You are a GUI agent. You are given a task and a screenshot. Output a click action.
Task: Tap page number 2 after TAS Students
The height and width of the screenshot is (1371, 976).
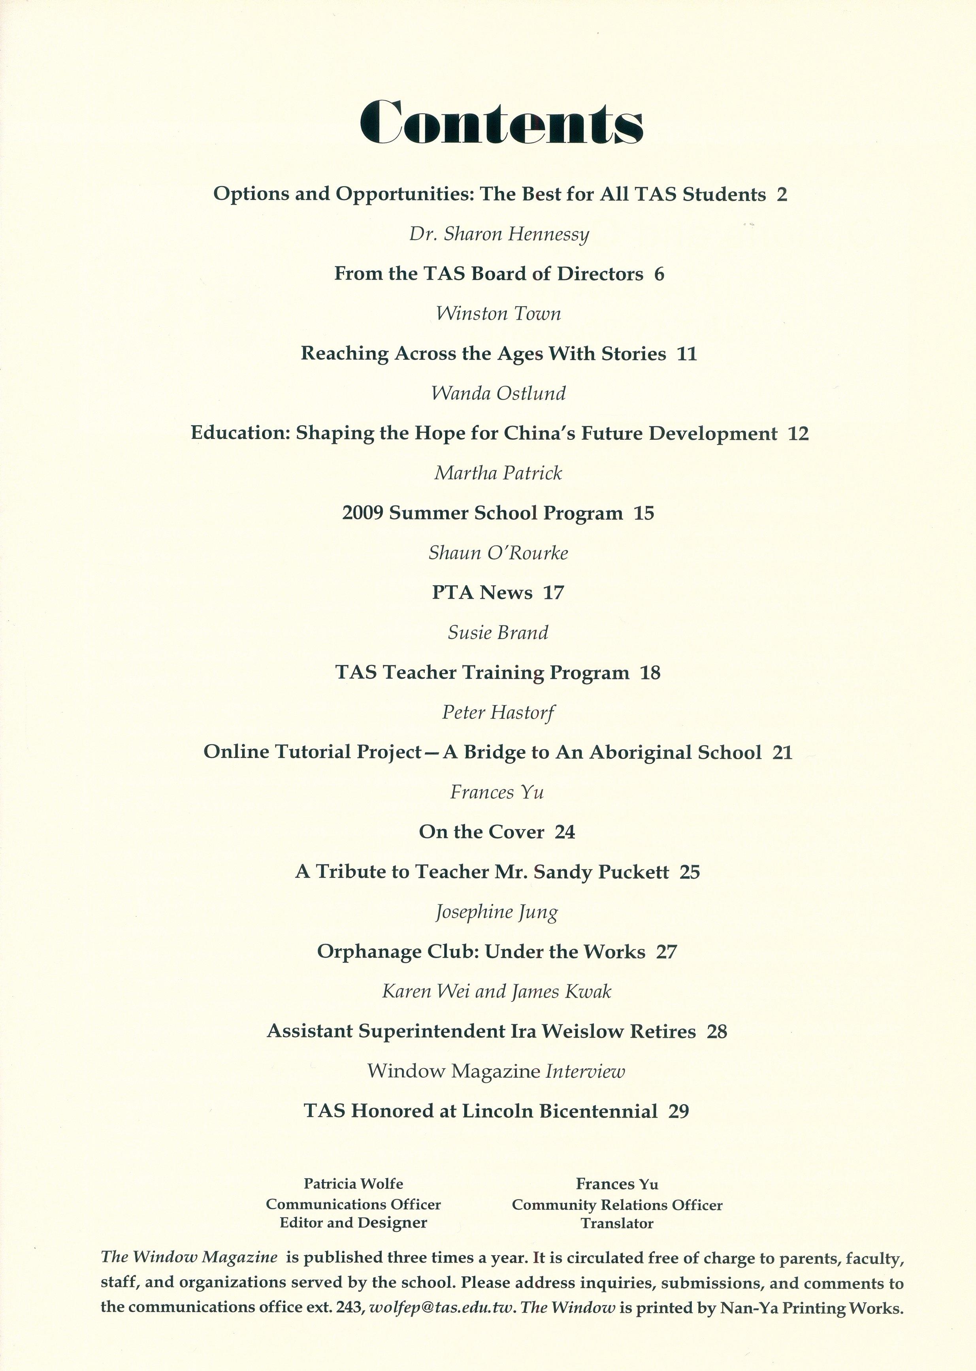pyautogui.click(x=781, y=195)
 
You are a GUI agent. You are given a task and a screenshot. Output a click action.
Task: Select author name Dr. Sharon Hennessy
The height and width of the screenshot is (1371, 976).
pyautogui.click(x=499, y=234)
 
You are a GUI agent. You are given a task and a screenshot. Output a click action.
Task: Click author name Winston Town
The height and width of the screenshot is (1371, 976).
pyautogui.click(x=498, y=314)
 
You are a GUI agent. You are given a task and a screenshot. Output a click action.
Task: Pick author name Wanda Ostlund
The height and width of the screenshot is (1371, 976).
pyautogui.click(x=498, y=394)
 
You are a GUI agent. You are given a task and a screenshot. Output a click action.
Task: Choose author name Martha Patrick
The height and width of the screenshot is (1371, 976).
pyautogui.click(x=498, y=473)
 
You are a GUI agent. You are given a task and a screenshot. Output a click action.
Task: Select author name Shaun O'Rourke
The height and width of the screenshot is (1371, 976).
pyautogui.click(x=498, y=553)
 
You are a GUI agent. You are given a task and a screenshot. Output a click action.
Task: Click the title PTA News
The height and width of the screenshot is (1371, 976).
pyautogui.click(x=482, y=593)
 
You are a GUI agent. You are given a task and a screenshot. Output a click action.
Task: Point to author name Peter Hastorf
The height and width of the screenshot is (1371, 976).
pyautogui.click(x=498, y=712)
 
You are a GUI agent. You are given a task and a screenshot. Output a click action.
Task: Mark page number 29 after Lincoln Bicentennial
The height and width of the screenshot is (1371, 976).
pyautogui.click(x=678, y=1111)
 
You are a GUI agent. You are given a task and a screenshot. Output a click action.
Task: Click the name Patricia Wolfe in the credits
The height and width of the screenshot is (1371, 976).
pyautogui.click(x=353, y=1184)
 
